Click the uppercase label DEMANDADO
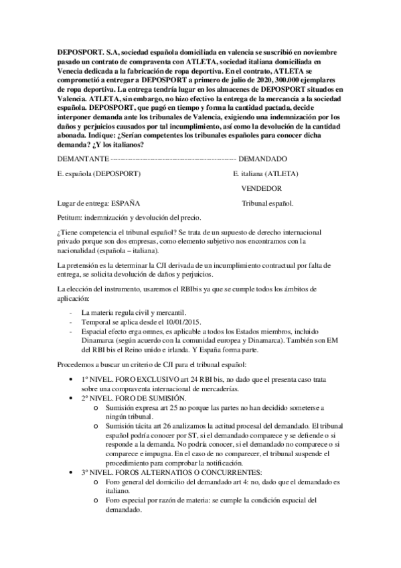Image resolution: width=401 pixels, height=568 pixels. click(262, 159)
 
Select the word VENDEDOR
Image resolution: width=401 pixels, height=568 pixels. click(261, 188)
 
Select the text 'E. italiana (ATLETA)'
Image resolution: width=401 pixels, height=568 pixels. click(266, 173)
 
